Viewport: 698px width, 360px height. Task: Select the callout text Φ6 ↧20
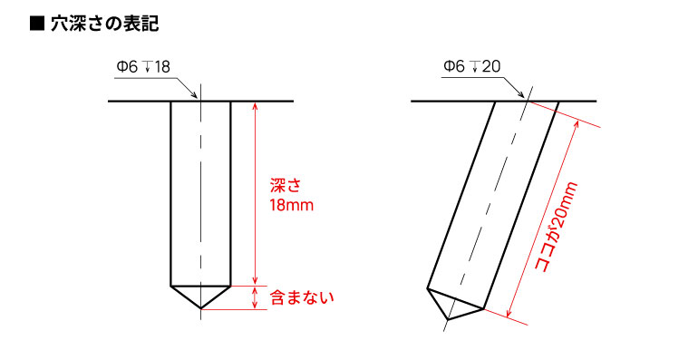(x=471, y=66)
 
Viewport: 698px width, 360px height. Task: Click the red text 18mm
(x=292, y=206)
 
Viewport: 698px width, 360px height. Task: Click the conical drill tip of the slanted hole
(x=454, y=306)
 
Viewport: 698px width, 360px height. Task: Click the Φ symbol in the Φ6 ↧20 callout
(x=449, y=66)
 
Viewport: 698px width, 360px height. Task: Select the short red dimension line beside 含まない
(x=256, y=297)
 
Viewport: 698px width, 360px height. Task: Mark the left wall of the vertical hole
(x=171, y=190)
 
